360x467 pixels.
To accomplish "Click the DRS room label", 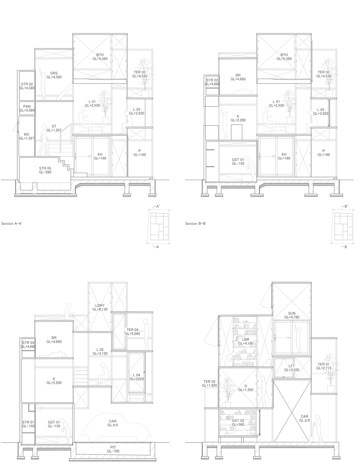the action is [54, 75].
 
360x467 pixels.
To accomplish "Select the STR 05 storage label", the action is [45, 170].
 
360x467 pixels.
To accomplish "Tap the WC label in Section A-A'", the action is [27, 136].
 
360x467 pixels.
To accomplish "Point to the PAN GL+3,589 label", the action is [27, 108].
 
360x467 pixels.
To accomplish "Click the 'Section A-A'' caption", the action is [12, 223].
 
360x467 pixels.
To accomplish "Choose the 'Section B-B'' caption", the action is [195, 223].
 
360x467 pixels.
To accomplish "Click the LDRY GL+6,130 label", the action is [100, 307].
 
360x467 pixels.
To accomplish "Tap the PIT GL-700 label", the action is [113, 449].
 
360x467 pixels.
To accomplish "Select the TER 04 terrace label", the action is [132, 332].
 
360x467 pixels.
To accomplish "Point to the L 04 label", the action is [136, 377].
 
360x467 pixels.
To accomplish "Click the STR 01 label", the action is [28, 424].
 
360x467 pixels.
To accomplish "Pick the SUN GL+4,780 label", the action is [292, 315].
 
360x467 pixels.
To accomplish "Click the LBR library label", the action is [246, 341].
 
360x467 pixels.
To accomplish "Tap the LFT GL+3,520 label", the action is [292, 368].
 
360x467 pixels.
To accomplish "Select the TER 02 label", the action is [209, 383].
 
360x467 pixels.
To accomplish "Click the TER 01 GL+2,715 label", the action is [324, 366].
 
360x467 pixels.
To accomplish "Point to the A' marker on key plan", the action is [158, 206].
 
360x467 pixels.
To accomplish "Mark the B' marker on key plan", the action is [346, 206].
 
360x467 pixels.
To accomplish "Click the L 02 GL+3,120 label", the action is [100, 351].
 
